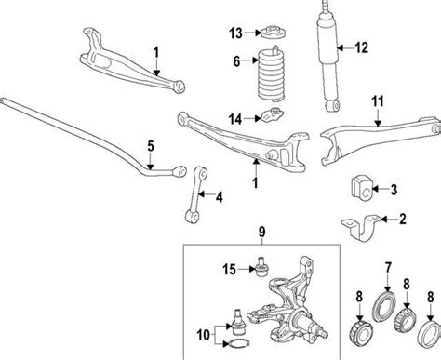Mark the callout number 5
pyautogui.click(x=148, y=145)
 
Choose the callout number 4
pyautogui.click(x=219, y=197)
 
